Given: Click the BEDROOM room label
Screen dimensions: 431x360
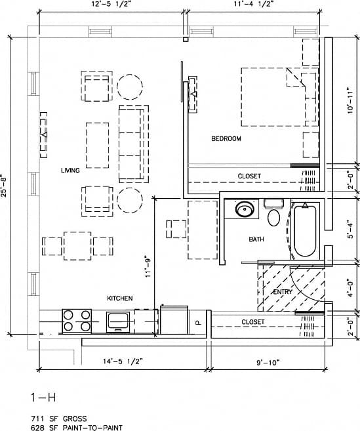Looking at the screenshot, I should point(226,139).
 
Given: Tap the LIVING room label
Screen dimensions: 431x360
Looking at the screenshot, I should point(70,171).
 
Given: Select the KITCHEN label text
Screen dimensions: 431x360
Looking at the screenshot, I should point(120,298).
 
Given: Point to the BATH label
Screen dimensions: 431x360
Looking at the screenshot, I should point(256,239).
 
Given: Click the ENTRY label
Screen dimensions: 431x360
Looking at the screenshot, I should point(283,291).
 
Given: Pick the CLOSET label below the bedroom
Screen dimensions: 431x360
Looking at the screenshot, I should point(249,176).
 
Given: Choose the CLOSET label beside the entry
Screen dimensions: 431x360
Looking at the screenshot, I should point(253,322).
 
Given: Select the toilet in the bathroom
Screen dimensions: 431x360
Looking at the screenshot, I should point(274,214).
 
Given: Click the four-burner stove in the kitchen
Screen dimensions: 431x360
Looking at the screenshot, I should point(77,321).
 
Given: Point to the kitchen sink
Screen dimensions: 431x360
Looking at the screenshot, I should point(119,321).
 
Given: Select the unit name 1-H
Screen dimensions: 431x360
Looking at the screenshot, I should point(40,398).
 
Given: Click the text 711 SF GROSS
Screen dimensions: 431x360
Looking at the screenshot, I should point(59,418).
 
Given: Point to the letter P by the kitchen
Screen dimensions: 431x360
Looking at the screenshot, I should point(197,322).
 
